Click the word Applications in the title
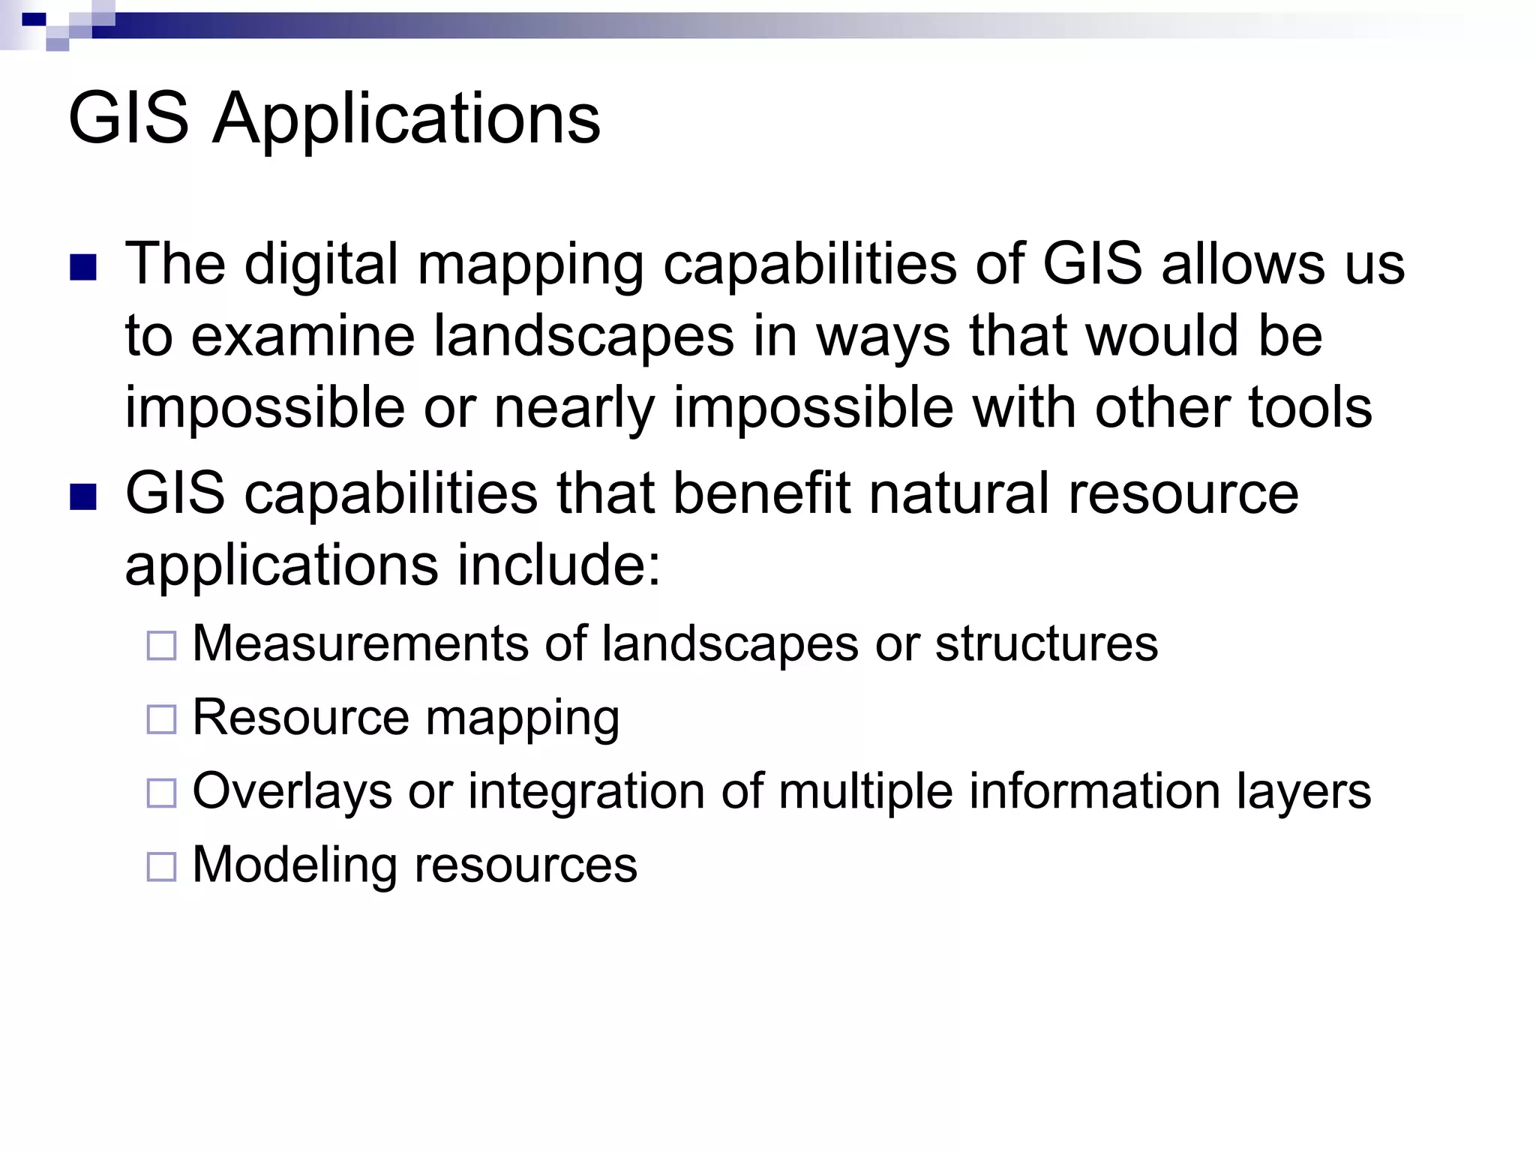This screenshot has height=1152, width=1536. [406, 118]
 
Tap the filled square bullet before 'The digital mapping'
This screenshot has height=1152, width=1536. [83, 268]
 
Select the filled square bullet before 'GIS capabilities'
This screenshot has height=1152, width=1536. [83, 497]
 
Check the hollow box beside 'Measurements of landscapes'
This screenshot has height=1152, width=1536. [161, 645]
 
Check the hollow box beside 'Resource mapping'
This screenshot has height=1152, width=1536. [161, 719]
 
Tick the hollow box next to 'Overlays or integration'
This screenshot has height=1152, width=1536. [161, 793]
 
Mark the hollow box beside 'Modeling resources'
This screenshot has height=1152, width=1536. [161, 866]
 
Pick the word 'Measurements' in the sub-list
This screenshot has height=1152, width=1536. [360, 643]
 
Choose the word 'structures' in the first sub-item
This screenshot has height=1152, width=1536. [1046, 643]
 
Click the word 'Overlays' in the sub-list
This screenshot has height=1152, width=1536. [292, 792]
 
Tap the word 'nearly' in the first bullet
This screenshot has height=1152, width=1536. [574, 409]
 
